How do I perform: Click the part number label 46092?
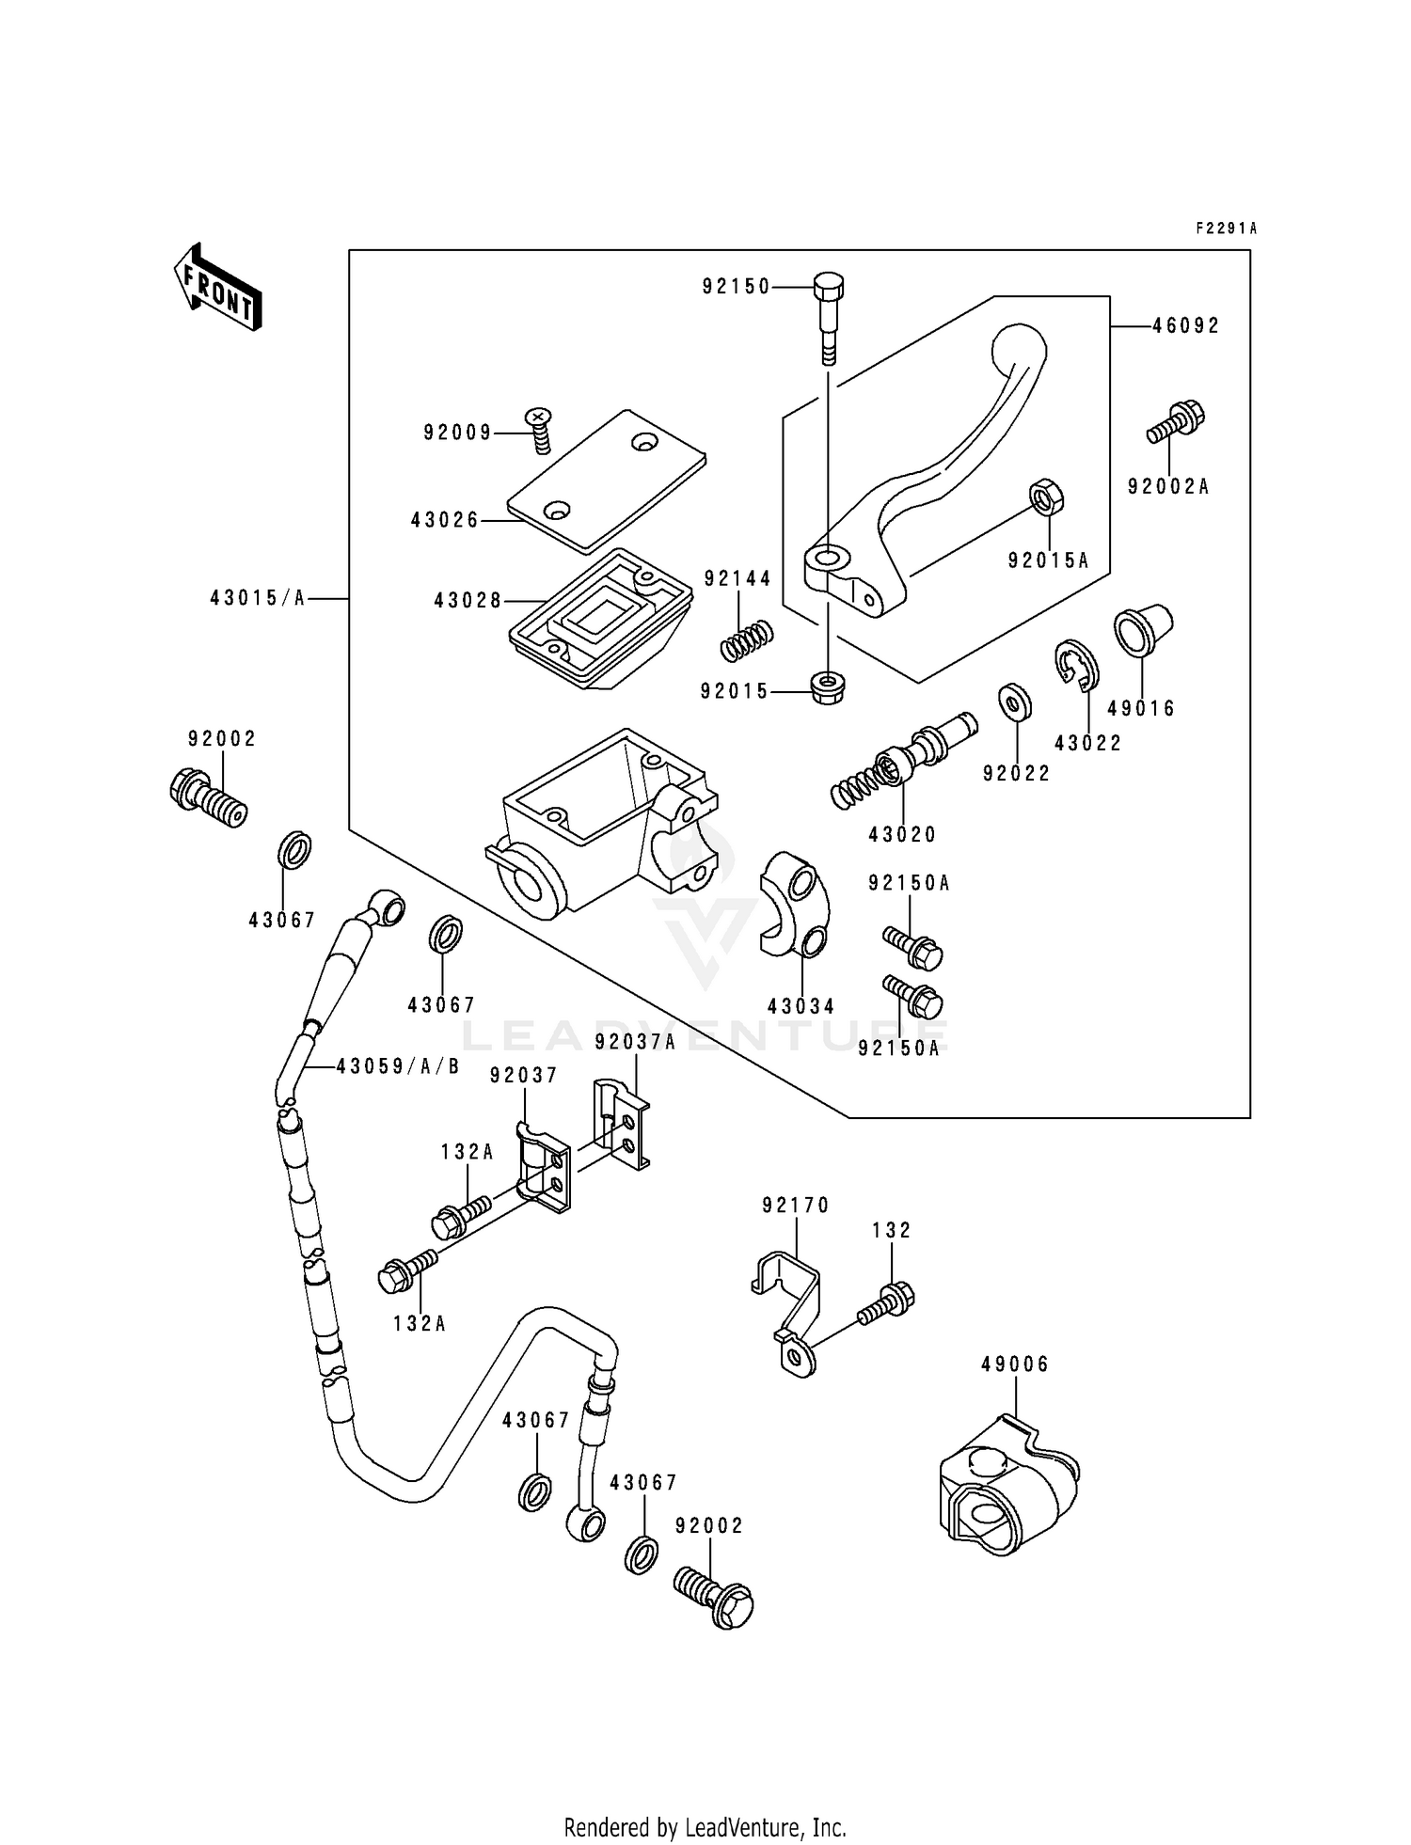(x=1186, y=325)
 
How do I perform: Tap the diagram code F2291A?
(x=1226, y=229)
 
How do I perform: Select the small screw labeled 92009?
(x=539, y=429)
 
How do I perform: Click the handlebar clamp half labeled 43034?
(x=793, y=903)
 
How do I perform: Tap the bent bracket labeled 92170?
(x=790, y=1305)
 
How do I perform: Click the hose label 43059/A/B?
(x=398, y=1066)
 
